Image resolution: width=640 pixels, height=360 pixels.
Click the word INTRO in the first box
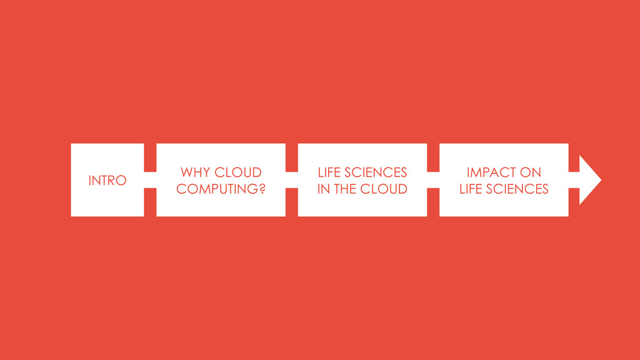pos(107,181)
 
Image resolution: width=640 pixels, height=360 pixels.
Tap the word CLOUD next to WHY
pos(238,172)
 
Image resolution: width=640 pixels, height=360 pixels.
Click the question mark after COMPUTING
pos(262,189)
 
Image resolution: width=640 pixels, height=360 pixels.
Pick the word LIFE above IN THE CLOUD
pos(329,172)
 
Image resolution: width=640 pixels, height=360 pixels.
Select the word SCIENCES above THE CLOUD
pos(376,172)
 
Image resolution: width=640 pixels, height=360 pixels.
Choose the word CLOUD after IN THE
pos(384,189)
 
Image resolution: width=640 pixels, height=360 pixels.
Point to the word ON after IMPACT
pos(531,172)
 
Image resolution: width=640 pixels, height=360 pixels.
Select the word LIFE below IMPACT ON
pos(471,189)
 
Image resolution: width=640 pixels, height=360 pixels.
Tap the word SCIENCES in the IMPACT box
pos(517,189)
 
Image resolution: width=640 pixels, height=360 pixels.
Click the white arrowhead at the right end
pos(590,180)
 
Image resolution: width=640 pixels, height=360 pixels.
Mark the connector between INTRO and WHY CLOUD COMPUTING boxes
pos(150,180)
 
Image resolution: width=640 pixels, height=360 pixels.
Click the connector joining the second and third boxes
pos(292,180)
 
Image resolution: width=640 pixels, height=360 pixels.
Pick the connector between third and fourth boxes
pos(433,180)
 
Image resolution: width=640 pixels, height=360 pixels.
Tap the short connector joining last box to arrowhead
pos(574,180)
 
